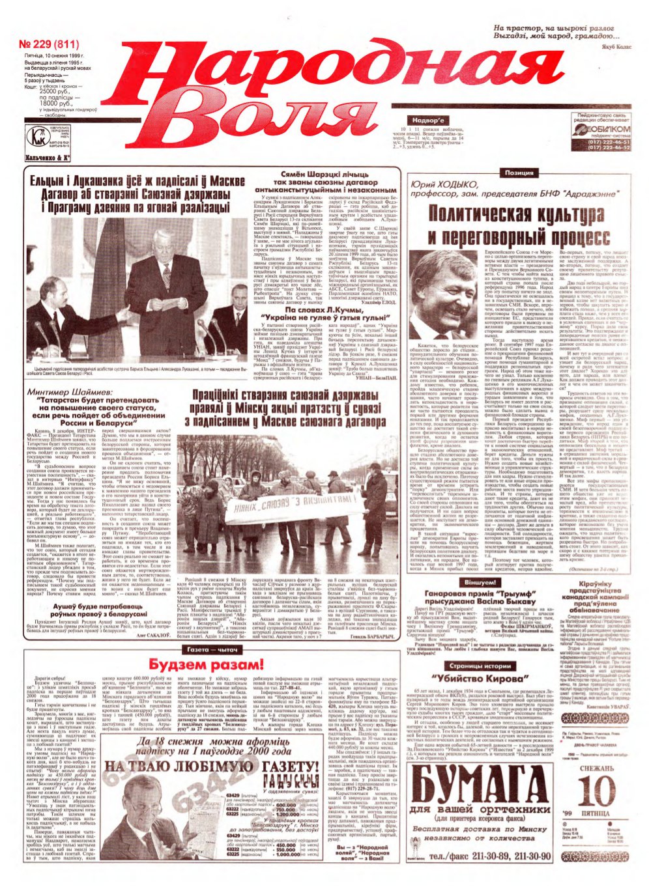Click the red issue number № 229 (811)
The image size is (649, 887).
click(49, 45)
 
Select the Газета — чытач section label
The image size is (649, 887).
click(204, 650)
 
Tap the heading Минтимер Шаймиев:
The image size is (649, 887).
click(61, 393)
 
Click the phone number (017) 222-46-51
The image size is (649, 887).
click(608, 141)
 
